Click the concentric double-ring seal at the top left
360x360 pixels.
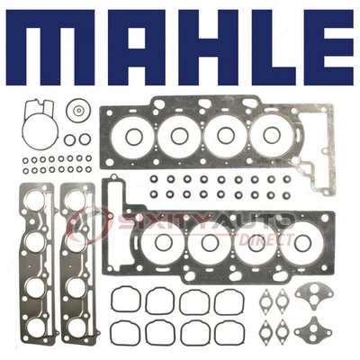click(79, 112)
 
